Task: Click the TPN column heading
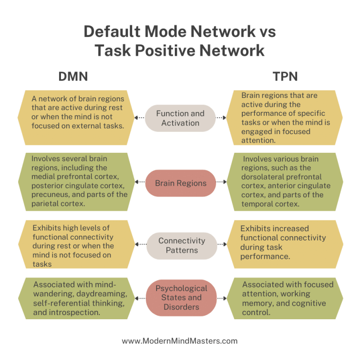tap(285, 76)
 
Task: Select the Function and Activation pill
tap(180, 118)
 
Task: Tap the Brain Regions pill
tap(180, 183)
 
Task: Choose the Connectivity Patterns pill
tap(181, 245)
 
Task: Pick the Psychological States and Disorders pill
tap(181, 298)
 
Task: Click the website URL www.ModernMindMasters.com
tap(180, 341)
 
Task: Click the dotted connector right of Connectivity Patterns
tap(222, 245)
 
